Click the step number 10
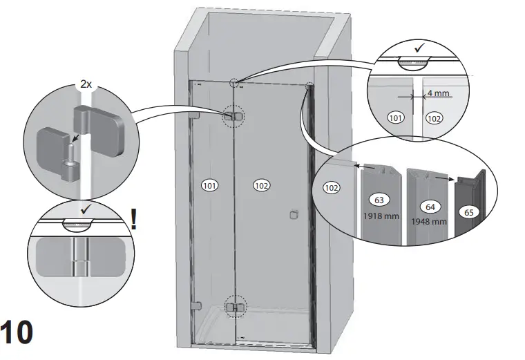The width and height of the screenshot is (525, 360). point(17,333)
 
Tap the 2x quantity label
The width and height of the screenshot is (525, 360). point(86,84)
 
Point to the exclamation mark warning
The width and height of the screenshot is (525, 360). point(133,220)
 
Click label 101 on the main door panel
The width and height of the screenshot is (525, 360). point(210,184)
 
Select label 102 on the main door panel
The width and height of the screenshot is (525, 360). point(261,184)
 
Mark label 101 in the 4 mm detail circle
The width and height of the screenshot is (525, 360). point(397,117)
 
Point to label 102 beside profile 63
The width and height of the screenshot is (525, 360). point(332,187)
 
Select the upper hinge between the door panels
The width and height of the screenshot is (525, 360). point(233,117)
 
